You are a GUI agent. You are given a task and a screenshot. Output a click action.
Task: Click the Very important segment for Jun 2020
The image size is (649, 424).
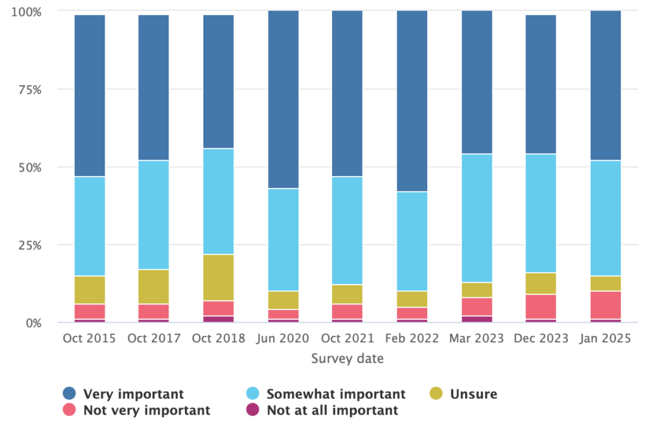pos(283,99)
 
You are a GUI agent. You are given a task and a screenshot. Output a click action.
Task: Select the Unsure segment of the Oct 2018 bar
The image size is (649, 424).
pos(219,277)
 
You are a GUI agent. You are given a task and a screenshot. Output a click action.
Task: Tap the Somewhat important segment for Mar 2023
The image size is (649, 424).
pos(477,218)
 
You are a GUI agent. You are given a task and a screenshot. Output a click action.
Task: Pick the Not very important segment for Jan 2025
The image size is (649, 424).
pos(605,305)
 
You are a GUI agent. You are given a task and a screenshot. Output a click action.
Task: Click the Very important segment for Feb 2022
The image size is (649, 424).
pos(412,101)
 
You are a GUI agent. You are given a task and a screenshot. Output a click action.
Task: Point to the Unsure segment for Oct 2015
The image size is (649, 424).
pos(90,290)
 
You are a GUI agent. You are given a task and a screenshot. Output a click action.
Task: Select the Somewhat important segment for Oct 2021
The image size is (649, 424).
pos(347,230)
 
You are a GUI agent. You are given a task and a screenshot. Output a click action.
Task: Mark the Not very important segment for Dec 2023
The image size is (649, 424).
pos(541,306)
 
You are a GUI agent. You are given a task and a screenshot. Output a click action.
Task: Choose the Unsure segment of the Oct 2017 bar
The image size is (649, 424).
pos(154,287)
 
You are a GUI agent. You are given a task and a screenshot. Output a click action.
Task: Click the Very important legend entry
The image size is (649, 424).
pos(133,394)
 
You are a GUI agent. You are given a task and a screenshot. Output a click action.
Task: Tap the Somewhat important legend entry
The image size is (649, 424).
pos(335,394)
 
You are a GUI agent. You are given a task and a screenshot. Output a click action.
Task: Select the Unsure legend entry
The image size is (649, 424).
pos(473,394)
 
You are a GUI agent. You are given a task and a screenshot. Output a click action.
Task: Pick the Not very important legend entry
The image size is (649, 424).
pos(146,410)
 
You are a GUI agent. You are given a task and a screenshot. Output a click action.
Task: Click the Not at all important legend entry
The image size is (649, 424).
pos(332,410)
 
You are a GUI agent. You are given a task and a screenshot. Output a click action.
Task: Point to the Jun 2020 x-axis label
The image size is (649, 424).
pos(283,339)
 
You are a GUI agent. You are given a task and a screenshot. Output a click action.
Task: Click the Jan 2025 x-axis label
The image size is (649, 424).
pos(605,339)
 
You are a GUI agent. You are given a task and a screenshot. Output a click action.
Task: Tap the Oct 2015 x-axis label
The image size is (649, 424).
pos(90,339)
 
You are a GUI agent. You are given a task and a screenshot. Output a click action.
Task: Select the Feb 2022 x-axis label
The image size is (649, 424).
pos(412,339)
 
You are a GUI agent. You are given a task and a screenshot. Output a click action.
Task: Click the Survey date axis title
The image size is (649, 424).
pos(347,359)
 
